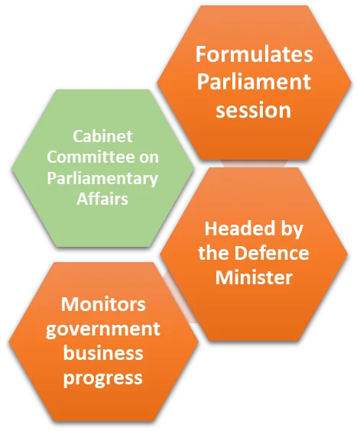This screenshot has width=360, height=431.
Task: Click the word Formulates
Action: tap(254, 54)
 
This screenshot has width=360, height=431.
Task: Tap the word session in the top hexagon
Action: tap(253, 110)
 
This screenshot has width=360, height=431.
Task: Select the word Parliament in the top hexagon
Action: tap(254, 81)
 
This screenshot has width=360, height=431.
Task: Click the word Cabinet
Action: tap(102, 136)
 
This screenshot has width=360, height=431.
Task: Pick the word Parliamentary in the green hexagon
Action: tap(102, 179)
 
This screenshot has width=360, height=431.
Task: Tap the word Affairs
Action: tap(102, 199)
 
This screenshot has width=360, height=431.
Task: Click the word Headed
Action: tap(236, 228)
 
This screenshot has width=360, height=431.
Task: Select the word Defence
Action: tap(271, 253)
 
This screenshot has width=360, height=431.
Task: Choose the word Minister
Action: tap(254, 277)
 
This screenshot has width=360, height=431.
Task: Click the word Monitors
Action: tap(103, 304)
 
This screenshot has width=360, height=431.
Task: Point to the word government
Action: tap(103, 329)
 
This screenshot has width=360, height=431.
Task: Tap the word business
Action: tap(103, 352)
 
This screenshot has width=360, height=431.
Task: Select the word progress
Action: tap(103, 378)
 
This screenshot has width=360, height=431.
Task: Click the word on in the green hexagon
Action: tap(149, 157)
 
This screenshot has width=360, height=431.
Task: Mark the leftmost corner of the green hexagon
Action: tap(11, 168)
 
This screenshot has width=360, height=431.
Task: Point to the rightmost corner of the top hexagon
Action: tap(352, 83)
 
